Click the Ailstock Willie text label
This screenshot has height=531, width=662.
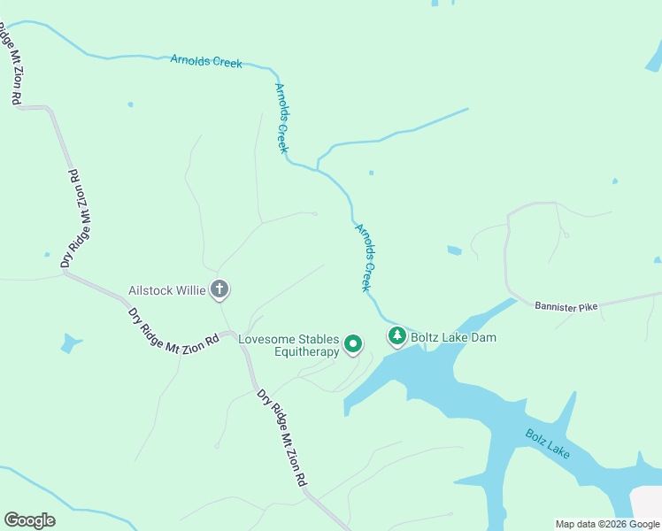point(166,289)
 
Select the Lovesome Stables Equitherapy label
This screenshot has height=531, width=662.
point(289,345)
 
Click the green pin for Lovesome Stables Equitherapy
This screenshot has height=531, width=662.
point(353,343)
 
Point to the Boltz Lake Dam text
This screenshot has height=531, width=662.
point(453,337)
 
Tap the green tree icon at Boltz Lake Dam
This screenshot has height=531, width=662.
point(397,335)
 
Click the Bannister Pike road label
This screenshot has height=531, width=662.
point(566,306)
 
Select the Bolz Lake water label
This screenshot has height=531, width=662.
point(547,443)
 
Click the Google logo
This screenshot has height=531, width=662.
point(29,520)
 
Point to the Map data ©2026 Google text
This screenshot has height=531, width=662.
point(607,524)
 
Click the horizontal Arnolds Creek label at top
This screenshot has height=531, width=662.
point(206,62)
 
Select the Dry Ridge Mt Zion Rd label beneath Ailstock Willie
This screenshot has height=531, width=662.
point(173,328)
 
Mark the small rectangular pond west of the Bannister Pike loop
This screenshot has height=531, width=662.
point(454,250)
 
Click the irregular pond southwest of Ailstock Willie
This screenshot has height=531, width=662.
point(71,342)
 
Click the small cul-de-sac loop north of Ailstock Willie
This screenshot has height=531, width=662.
point(313,213)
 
